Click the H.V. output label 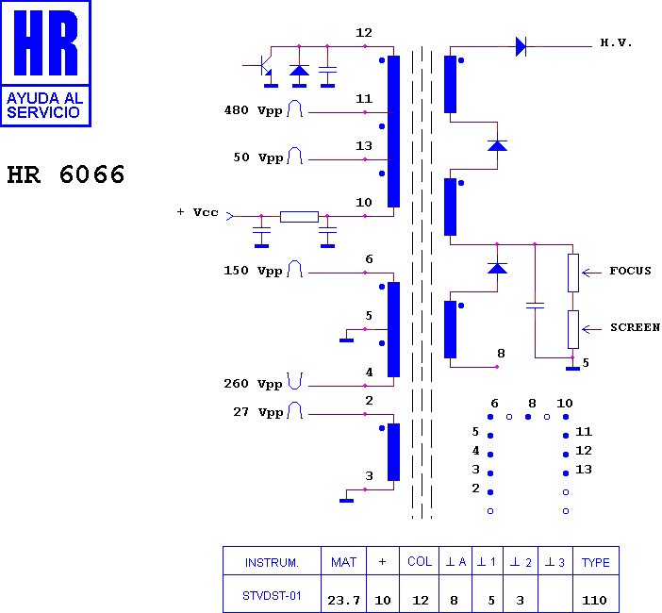[x=616, y=42]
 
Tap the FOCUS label [x=630, y=271]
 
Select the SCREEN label [x=635, y=327]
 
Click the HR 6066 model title [x=66, y=174]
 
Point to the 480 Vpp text [x=253, y=110]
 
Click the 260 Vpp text [x=253, y=384]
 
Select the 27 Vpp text [x=257, y=412]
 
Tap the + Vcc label [x=198, y=212]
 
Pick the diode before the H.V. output [x=521, y=46]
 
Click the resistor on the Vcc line [x=299, y=217]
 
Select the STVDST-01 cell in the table [x=272, y=596]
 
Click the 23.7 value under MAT [x=343, y=600]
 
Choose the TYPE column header [x=596, y=562]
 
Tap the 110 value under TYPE [x=594, y=600]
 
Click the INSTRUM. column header [x=272, y=562]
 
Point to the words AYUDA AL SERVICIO [x=45, y=105]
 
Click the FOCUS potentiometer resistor [x=573, y=273]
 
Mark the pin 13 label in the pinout [x=584, y=469]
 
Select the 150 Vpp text [x=253, y=271]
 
